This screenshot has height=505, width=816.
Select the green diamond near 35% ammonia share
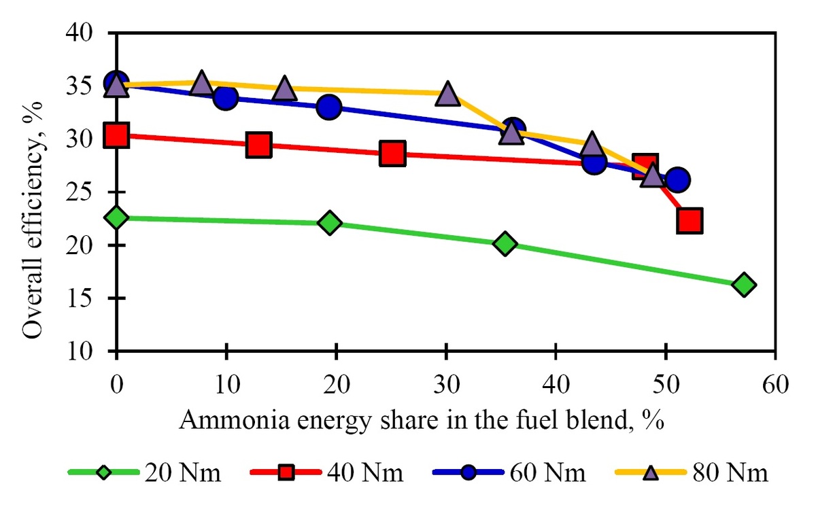pyautogui.click(x=505, y=244)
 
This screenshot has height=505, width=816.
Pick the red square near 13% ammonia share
pyautogui.click(x=259, y=145)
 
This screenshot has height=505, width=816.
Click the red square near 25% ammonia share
pyautogui.click(x=392, y=154)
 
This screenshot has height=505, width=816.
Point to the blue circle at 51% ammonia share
pyautogui.click(x=677, y=179)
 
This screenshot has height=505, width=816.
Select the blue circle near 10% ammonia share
pyautogui.click(x=225, y=98)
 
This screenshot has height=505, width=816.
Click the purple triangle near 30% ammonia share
pyautogui.click(x=447, y=94)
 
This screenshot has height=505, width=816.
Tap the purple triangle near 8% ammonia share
pyautogui.click(x=201, y=83)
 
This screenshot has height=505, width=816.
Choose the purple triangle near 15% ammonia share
pyautogui.click(x=284, y=89)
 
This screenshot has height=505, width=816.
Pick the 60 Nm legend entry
pyautogui.click(x=547, y=472)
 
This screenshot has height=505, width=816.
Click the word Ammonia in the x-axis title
pyautogui.click(x=224, y=419)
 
